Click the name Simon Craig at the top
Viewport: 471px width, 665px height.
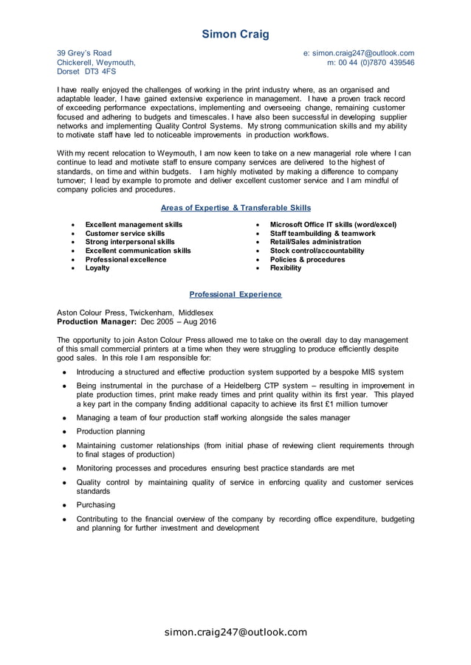[235, 34]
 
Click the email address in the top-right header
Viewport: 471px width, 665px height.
[359, 53]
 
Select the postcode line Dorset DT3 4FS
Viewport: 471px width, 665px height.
[86, 72]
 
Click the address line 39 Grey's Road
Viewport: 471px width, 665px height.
[84, 53]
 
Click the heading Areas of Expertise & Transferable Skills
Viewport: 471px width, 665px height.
[235, 208]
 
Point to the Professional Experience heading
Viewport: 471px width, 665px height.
[235, 294]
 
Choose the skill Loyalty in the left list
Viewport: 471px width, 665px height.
[97, 268]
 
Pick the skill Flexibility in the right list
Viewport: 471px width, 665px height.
[286, 268]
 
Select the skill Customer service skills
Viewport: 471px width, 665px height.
[125, 233]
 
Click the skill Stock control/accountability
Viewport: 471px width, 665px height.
[317, 251]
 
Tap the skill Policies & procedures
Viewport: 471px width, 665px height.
[307, 260]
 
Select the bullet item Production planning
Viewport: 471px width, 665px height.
[111, 431]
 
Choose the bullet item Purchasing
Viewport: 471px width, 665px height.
[96, 505]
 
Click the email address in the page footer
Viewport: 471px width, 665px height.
[235, 632]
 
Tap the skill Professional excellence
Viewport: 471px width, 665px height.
[126, 260]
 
